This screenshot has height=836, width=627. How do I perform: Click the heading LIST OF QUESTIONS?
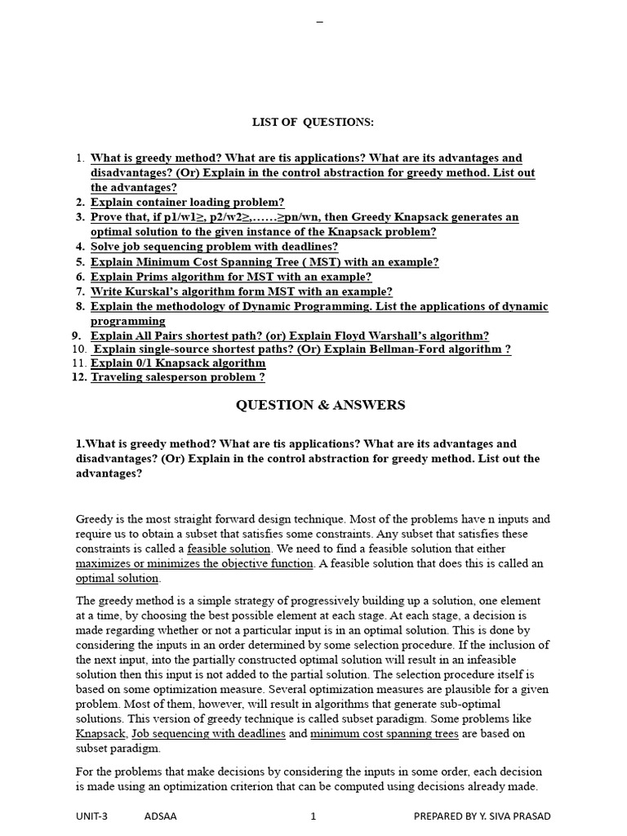(313, 122)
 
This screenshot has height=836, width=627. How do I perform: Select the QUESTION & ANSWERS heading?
(320, 405)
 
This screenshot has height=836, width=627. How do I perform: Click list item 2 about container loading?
(187, 202)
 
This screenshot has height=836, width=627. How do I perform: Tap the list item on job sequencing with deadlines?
(214, 247)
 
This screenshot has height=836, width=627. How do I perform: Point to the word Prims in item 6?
(150, 277)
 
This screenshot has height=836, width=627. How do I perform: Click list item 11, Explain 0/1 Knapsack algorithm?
(177, 363)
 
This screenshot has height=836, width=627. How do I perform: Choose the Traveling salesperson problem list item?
(177, 377)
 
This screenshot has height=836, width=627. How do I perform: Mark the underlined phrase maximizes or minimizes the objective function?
(194, 563)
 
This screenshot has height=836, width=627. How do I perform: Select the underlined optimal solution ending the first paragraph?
(117, 578)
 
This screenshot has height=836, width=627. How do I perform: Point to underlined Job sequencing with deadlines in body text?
(209, 733)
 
